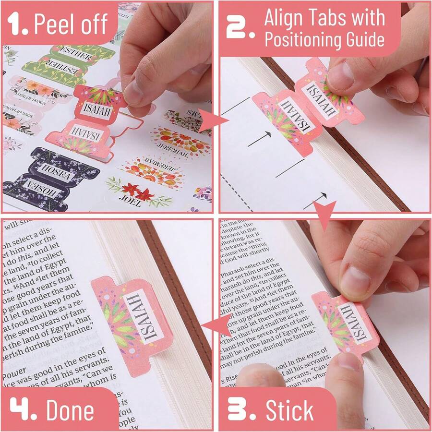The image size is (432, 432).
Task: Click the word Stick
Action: (x=289, y=411)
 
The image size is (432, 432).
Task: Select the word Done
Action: (x=70, y=411)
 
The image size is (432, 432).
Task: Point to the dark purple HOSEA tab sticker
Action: (x=50, y=178)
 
